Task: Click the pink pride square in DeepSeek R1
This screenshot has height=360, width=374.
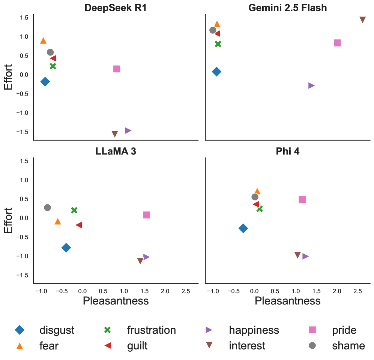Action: (117, 69)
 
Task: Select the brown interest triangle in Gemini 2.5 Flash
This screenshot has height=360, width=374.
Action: (362, 19)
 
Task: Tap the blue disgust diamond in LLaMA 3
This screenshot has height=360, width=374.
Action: (66, 247)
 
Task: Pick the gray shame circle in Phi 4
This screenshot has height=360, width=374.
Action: (255, 197)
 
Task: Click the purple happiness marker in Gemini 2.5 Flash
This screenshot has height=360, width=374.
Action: (311, 85)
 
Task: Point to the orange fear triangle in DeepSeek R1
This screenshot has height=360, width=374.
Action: (43, 40)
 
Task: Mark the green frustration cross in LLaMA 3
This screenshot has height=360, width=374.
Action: (74, 210)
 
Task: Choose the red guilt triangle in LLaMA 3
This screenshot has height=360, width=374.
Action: (79, 225)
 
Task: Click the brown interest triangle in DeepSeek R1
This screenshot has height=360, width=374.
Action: (115, 134)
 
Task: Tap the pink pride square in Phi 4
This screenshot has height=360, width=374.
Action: (302, 199)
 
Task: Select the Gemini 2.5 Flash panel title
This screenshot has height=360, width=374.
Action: (288, 7)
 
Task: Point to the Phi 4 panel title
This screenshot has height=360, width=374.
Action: (288, 151)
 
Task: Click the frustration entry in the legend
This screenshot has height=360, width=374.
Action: (151, 330)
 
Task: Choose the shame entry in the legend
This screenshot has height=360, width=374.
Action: (348, 346)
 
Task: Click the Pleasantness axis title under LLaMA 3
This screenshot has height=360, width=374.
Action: (116, 300)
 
